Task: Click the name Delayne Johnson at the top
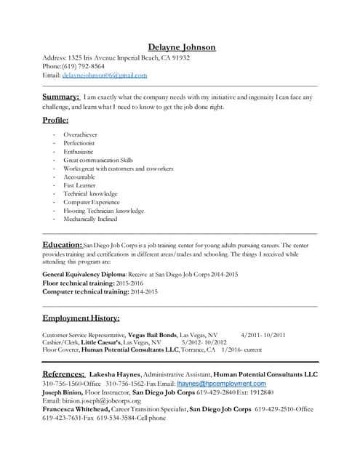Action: point(182,47)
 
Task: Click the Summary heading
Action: point(61,97)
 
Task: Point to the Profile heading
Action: point(56,120)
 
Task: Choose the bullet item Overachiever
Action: point(80,135)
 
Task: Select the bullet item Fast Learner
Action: point(79,185)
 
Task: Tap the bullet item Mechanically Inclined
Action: point(90,219)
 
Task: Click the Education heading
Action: point(62,245)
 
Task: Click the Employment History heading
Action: point(81,318)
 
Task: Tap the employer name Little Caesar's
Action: point(101,341)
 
